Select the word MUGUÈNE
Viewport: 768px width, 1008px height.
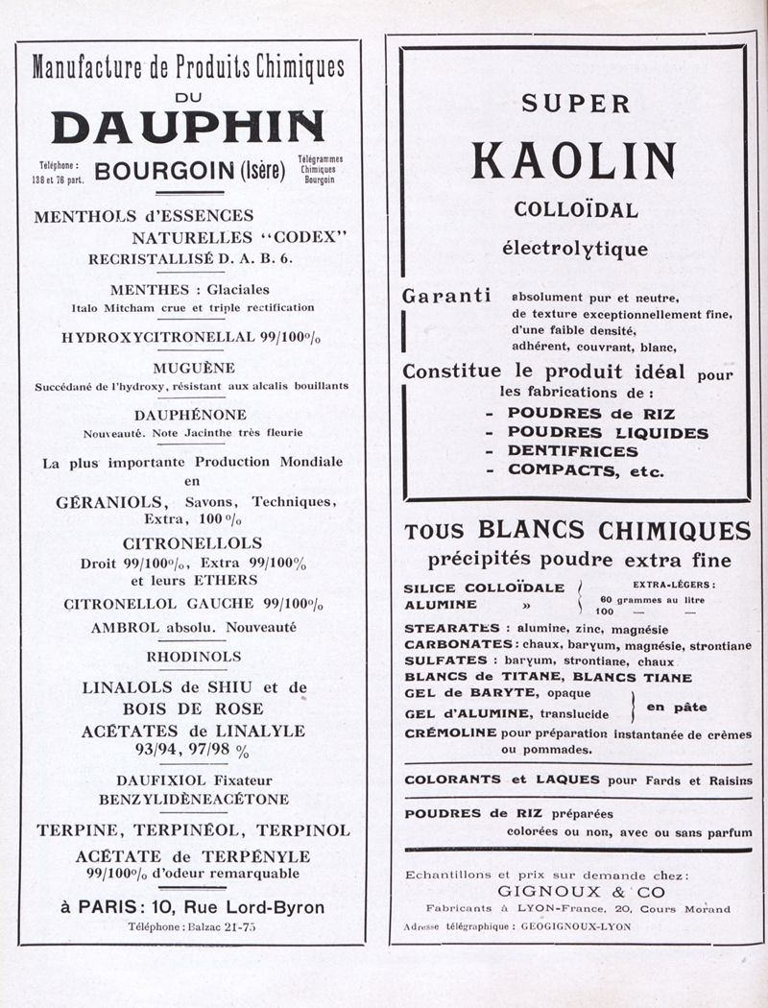(x=194, y=368)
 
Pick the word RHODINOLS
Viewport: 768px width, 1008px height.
(x=194, y=657)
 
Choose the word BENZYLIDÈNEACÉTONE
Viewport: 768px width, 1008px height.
(x=194, y=799)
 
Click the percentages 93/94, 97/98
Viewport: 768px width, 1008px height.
(x=182, y=751)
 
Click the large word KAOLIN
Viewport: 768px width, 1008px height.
(x=573, y=160)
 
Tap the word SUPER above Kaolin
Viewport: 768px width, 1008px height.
(x=576, y=104)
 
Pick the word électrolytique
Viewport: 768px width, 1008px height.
(x=575, y=249)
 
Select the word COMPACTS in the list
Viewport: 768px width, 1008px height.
(x=564, y=470)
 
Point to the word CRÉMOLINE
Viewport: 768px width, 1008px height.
(x=449, y=733)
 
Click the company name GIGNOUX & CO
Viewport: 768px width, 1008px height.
(x=581, y=892)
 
